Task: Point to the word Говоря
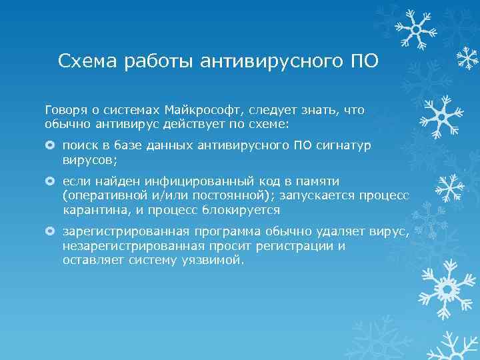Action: click(64, 109)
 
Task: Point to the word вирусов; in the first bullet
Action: click(90, 160)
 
